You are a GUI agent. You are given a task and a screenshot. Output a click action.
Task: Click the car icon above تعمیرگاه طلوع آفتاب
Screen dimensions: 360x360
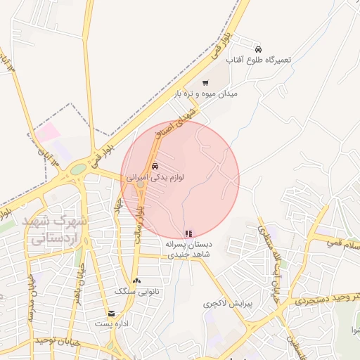(259, 49)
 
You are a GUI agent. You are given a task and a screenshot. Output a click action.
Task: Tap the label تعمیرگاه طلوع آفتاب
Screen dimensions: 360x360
(264, 61)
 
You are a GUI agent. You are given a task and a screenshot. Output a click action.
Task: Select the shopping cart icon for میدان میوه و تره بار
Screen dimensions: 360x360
(205, 82)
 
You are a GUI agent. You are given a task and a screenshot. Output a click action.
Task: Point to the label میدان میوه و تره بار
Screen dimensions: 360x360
(207, 94)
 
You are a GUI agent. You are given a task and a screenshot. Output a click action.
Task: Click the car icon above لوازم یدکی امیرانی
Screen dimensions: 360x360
(155, 167)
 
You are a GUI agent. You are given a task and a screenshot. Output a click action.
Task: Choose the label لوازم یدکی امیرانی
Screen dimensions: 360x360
(155, 179)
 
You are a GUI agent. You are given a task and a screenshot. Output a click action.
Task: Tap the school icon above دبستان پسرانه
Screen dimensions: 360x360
(188, 233)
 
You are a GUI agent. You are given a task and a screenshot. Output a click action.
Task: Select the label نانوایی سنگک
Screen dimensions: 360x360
(137, 291)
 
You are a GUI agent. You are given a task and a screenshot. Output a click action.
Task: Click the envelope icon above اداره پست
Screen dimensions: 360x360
(111, 314)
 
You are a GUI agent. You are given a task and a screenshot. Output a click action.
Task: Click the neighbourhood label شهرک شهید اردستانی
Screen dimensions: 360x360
(55, 229)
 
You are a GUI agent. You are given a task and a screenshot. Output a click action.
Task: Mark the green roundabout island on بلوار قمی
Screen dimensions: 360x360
(78, 169)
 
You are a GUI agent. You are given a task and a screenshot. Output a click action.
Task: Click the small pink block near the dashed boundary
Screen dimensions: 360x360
(47, 131)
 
